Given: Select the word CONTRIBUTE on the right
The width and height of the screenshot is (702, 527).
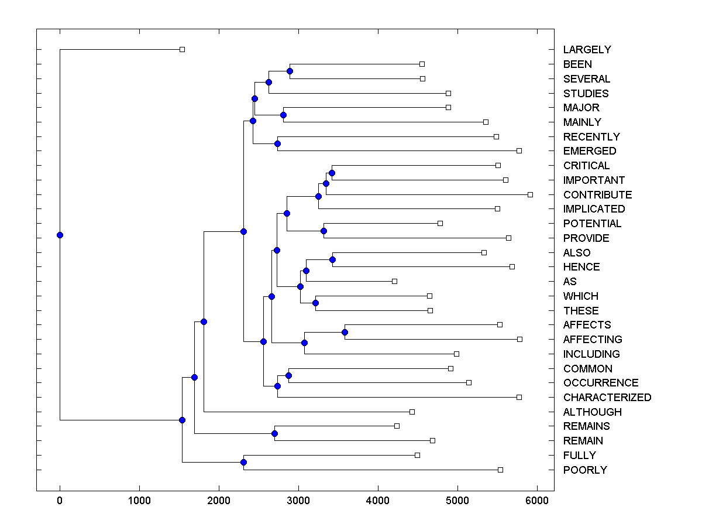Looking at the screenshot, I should (597, 195).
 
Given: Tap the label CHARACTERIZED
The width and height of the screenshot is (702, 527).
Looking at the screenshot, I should (607, 398).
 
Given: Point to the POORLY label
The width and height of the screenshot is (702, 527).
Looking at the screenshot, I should (585, 470).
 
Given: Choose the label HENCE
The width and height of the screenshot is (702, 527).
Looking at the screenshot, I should (581, 267).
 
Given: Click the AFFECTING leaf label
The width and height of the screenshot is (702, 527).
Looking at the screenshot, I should (592, 340).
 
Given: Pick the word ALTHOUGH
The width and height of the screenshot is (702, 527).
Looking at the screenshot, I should (592, 412).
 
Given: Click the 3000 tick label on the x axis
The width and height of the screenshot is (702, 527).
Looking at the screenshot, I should (298, 501).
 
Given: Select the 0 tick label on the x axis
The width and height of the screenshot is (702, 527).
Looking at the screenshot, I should (60, 501).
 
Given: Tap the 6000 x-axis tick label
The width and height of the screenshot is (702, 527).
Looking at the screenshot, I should (537, 501).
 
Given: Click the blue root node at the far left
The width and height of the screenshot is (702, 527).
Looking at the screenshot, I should (60, 235).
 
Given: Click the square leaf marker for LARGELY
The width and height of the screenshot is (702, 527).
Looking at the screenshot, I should (182, 49).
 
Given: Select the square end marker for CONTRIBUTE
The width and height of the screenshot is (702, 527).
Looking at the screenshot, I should (530, 194).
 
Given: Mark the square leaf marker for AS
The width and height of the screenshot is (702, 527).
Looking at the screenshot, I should (394, 282).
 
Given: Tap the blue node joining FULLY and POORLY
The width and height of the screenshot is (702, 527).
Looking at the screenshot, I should (243, 463).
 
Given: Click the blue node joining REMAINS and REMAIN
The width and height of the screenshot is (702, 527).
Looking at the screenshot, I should (274, 434).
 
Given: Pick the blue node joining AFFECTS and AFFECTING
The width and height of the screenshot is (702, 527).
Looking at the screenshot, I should (345, 333).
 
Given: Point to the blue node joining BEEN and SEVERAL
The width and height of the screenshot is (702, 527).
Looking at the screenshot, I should (290, 71).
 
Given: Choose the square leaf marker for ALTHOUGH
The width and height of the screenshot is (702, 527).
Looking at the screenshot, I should (412, 412).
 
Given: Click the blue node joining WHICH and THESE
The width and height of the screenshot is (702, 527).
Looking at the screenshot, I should (315, 303).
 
